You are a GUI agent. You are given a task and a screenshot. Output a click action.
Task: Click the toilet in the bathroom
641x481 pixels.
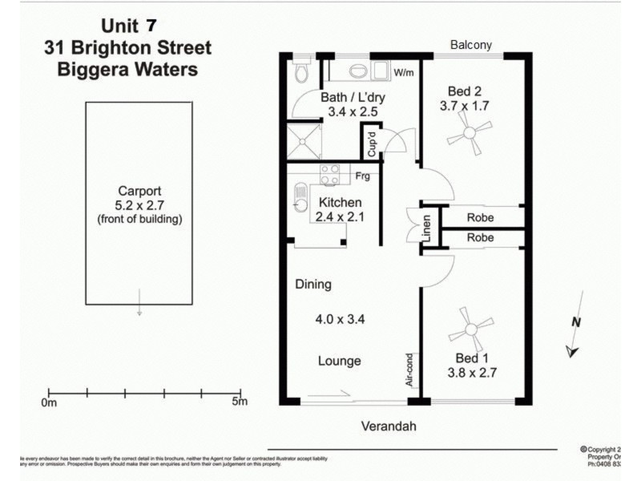pos(302,73)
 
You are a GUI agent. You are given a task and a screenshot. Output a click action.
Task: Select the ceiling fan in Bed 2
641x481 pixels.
pos(469,135)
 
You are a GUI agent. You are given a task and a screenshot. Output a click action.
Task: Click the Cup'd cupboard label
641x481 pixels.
pos(372,145)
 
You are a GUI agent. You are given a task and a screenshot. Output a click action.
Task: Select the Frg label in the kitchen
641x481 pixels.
pos(363,176)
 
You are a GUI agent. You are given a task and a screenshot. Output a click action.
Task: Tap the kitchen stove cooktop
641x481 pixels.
pos(329,175)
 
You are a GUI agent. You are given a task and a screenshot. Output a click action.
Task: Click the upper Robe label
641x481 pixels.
pos(481,217)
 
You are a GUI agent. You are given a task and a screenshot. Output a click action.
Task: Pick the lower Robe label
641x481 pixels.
pos(481,238)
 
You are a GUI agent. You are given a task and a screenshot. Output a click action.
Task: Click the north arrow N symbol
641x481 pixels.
pos(575,322)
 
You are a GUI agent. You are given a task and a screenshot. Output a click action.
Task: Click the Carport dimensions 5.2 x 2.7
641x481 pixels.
pos(139,205)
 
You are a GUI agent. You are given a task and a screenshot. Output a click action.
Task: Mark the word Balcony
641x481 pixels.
pos(470,45)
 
